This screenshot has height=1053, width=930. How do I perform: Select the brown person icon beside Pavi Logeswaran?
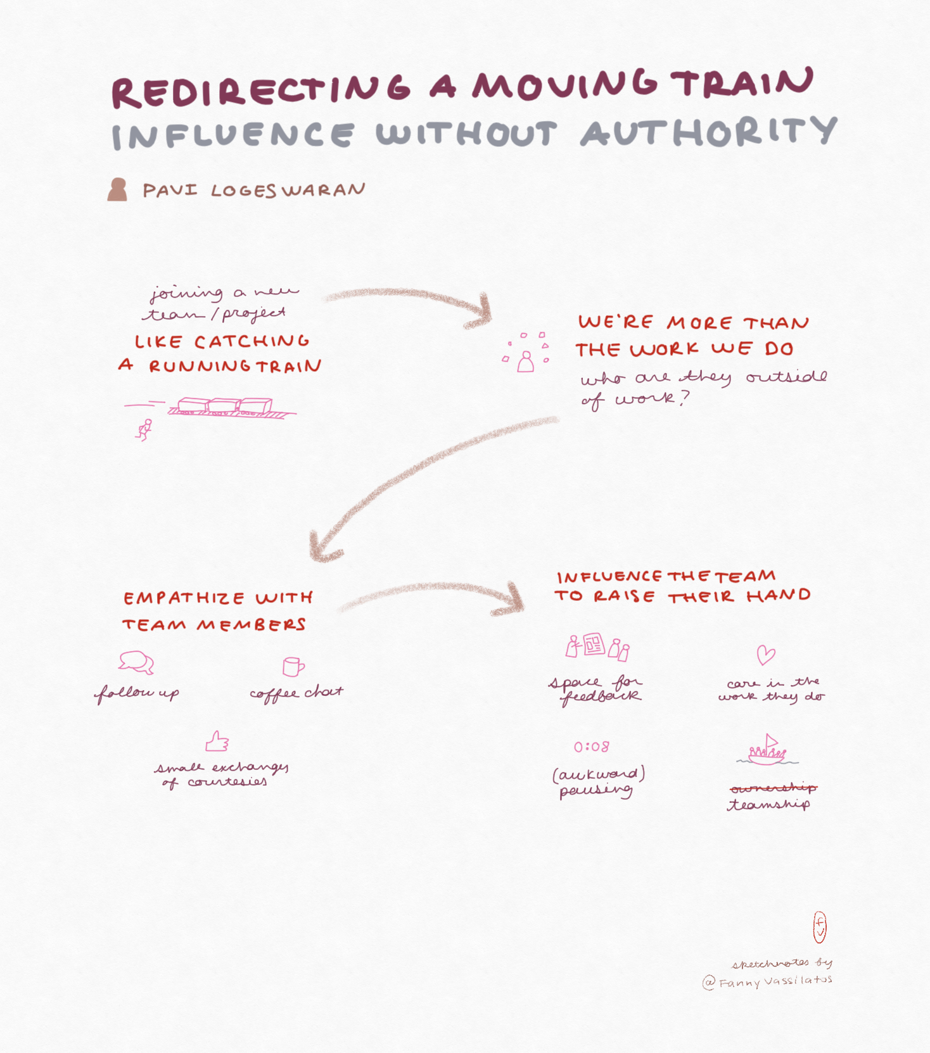[x=117, y=189]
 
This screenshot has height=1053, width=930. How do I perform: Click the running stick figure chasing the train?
[x=145, y=429]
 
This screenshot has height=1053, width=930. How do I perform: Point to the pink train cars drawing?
[x=225, y=407]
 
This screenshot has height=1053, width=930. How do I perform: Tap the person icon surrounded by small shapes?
[x=525, y=362]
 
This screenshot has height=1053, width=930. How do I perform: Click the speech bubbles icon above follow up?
[x=136, y=662]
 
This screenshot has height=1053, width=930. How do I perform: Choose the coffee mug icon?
[x=293, y=667]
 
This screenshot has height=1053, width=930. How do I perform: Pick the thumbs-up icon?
[x=217, y=741]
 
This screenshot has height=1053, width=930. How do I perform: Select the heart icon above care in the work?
[x=766, y=655]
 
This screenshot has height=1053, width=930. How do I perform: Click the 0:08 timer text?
[x=592, y=747]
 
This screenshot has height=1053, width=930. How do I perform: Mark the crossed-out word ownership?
[x=773, y=788]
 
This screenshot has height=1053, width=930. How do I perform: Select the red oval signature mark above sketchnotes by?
[x=820, y=927]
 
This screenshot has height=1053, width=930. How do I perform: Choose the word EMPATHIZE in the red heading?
[x=184, y=598]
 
